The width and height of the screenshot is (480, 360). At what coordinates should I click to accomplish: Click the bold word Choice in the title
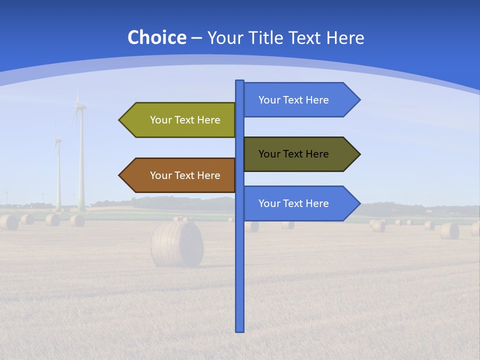156,37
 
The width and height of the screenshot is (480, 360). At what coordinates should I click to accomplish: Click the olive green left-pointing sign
180,120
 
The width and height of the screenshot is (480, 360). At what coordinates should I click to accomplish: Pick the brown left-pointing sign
180,175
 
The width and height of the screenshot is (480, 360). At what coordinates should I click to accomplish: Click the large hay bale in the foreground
177,244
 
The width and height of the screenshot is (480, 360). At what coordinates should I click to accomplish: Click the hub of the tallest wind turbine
79,105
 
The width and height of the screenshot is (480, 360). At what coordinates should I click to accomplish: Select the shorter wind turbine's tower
58,175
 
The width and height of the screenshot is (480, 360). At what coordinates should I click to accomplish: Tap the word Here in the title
345,37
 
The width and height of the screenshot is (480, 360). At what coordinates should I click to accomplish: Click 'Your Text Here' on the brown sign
185,175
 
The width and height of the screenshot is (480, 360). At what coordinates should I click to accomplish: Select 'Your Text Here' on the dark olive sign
293,154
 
